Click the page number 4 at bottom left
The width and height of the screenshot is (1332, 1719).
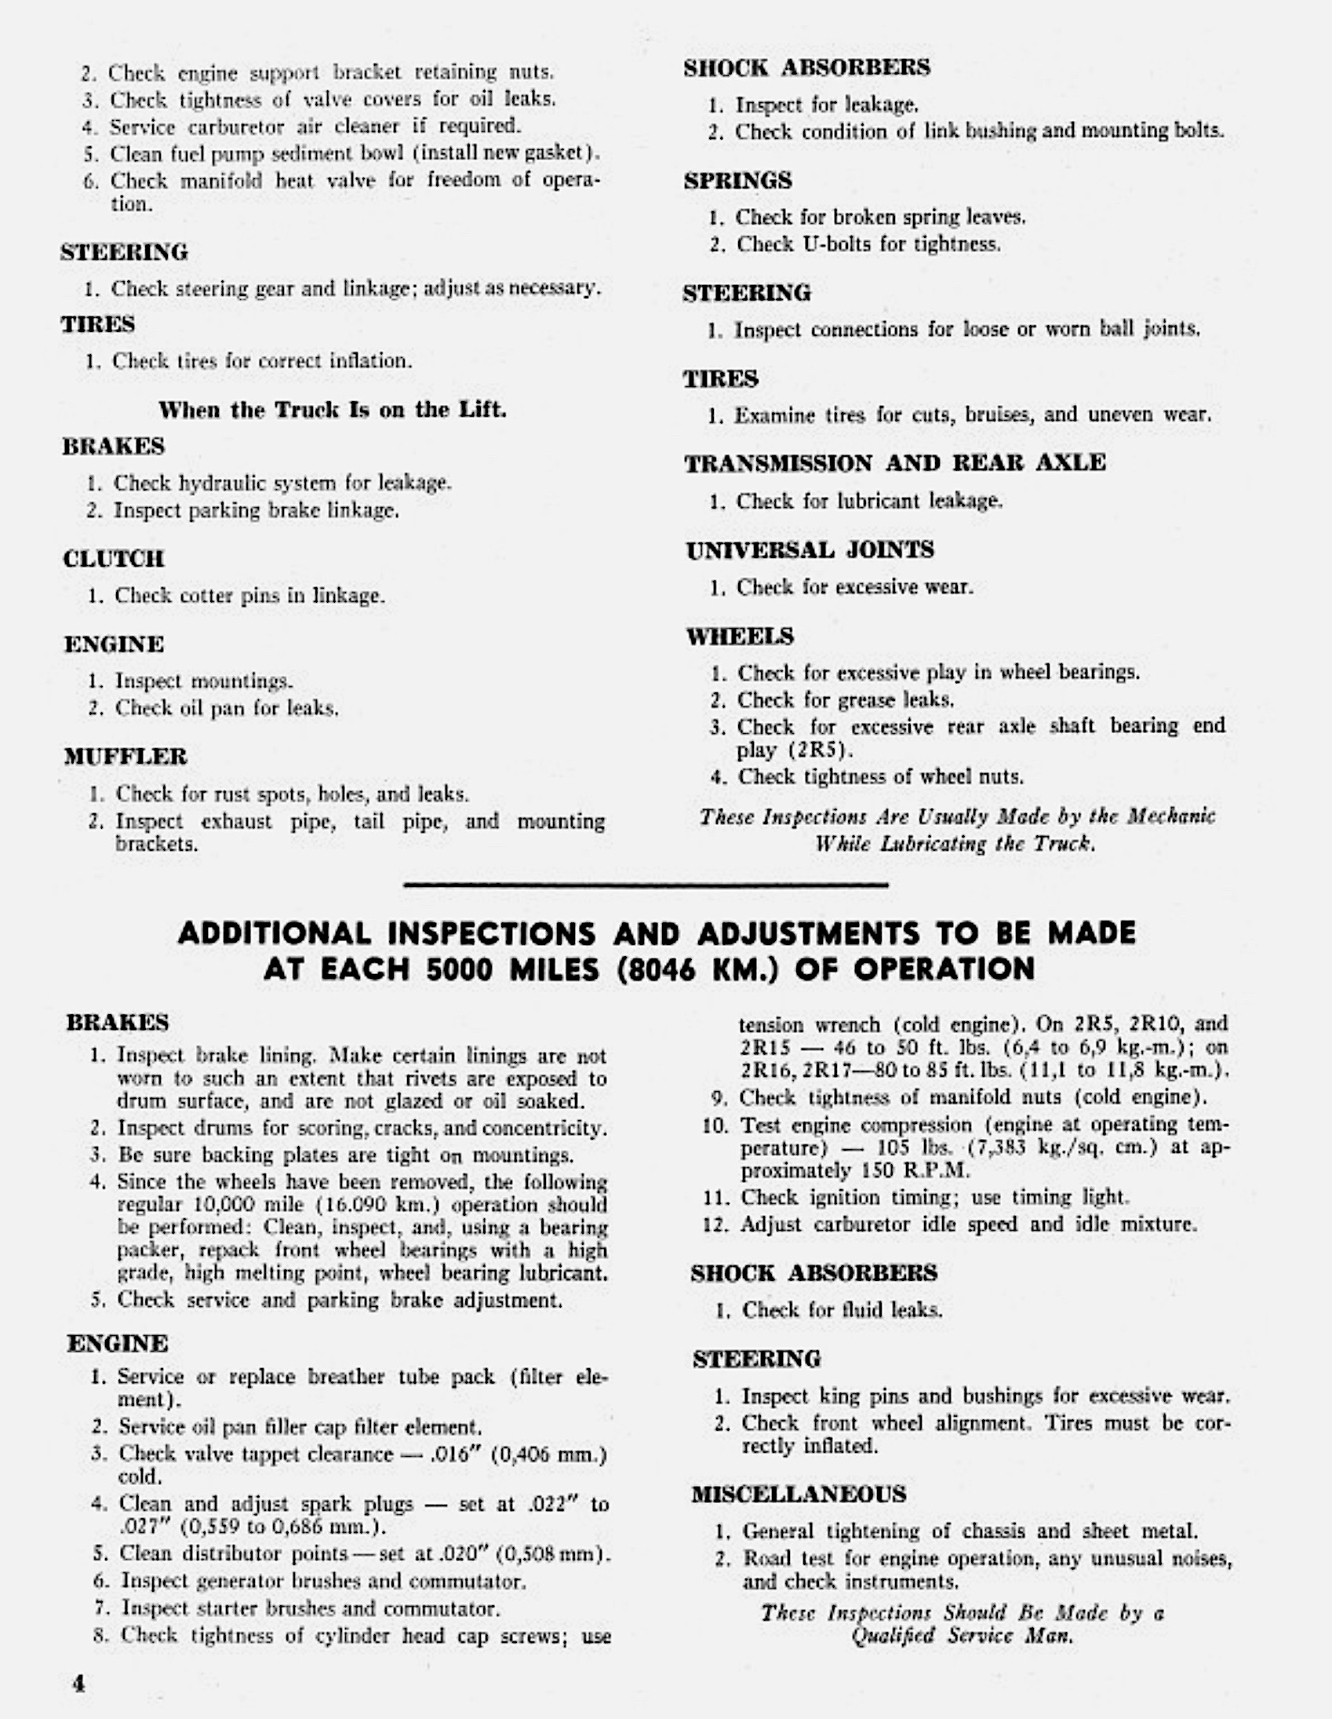coord(78,1683)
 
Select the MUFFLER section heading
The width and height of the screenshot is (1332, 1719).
coord(126,757)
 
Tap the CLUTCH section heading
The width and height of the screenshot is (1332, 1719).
coord(114,559)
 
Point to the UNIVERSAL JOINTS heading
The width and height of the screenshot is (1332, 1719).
coord(810,549)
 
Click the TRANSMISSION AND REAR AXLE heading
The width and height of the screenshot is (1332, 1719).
coord(894,463)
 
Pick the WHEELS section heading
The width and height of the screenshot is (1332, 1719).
coord(740,636)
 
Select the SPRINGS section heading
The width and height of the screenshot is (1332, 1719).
coord(737,181)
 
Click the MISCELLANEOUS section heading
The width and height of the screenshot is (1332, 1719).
coord(799,1493)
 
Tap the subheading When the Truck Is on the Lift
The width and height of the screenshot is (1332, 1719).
coord(332,409)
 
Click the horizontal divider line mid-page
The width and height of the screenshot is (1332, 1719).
coord(645,885)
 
